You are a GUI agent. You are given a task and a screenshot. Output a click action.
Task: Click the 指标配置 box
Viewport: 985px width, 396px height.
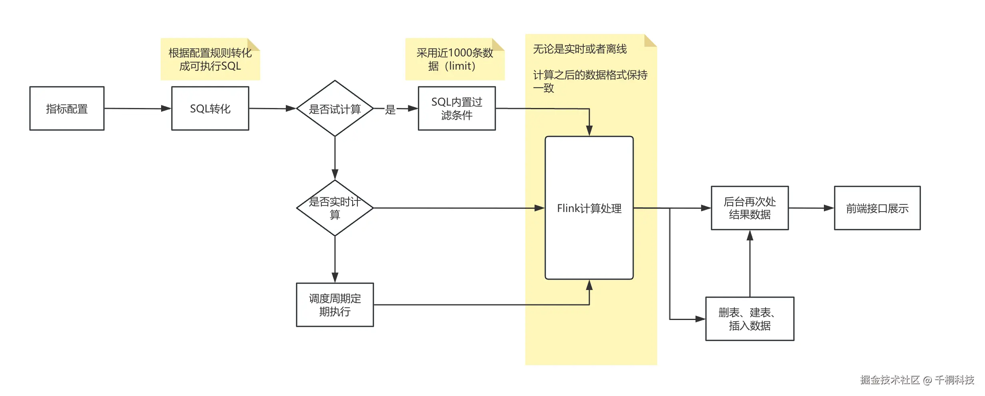pos(67,108)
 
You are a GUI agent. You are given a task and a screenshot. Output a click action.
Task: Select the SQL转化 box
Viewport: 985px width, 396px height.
pos(210,108)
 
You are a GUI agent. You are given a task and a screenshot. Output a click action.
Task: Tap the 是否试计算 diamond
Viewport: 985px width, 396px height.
pos(335,108)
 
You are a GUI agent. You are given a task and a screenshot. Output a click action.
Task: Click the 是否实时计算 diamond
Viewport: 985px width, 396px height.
pos(335,208)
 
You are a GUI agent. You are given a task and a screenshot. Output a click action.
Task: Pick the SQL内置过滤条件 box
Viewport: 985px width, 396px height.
pos(457,108)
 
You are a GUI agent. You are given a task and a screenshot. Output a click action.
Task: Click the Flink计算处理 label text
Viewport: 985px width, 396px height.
pos(589,208)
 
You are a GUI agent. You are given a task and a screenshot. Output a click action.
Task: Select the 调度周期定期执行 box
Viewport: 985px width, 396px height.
pos(335,305)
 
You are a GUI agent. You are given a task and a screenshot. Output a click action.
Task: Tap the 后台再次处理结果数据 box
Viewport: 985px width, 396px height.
pos(750,208)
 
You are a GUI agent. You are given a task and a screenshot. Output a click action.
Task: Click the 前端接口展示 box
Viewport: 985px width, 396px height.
pos(877,208)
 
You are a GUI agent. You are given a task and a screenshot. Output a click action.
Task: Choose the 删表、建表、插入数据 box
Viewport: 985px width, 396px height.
pos(750,319)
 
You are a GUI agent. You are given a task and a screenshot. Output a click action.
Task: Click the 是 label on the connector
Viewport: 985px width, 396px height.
pos(390,109)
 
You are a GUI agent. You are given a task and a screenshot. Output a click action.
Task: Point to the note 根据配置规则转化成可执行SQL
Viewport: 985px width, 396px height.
pos(210,59)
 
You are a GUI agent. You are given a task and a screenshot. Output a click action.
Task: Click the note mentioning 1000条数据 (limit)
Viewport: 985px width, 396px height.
pos(455,59)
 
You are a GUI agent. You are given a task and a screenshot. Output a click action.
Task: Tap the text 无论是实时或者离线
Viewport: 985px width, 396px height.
pos(580,49)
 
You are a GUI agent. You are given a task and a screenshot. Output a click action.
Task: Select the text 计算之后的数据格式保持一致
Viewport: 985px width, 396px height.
pos(590,81)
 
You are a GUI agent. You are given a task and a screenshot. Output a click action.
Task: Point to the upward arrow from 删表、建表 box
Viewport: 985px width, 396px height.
pos(750,264)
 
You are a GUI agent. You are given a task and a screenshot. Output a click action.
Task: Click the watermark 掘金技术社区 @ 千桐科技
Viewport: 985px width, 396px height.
pos(917,380)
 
